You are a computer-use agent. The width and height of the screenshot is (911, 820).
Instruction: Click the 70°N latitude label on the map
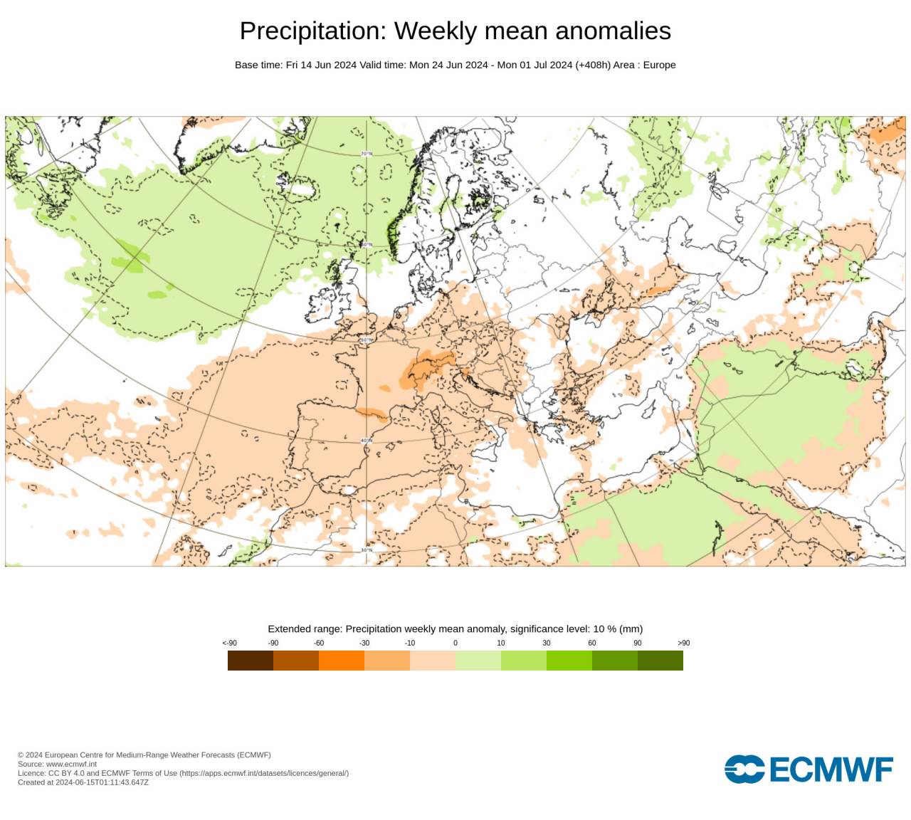point(367,154)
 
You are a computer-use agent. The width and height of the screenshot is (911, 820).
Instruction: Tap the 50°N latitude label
point(367,340)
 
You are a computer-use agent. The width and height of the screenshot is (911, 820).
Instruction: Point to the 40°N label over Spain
point(367,441)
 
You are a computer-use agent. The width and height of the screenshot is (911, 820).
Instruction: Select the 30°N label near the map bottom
point(367,550)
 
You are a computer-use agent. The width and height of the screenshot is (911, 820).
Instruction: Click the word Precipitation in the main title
point(312,31)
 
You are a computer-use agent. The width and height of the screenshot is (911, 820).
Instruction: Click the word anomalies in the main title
point(613,31)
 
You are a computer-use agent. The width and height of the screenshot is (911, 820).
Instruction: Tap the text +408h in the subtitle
point(593,65)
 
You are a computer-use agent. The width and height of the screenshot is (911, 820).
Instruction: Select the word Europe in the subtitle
point(659,65)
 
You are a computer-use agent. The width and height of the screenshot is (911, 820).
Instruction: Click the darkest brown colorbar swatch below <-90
point(251,661)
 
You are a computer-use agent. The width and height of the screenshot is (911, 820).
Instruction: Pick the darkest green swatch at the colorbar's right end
point(660,661)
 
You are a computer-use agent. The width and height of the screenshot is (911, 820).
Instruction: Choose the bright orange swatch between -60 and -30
point(342,661)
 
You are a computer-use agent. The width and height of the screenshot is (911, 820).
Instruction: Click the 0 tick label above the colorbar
point(455,643)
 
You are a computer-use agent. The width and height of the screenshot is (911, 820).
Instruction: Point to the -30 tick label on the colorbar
point(364,643)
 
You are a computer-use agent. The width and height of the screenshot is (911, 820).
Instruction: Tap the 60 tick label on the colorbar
point(592,643)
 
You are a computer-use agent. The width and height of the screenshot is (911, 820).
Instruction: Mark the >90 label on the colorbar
point(683,643)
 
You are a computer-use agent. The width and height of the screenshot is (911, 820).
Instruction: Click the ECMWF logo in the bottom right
point(809,769)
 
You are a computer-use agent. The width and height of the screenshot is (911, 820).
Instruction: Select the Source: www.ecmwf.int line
point(57,764)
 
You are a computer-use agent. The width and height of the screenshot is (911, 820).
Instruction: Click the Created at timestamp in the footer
point(83,782)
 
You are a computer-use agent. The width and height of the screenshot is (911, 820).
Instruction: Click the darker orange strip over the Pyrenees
point(371,413)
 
